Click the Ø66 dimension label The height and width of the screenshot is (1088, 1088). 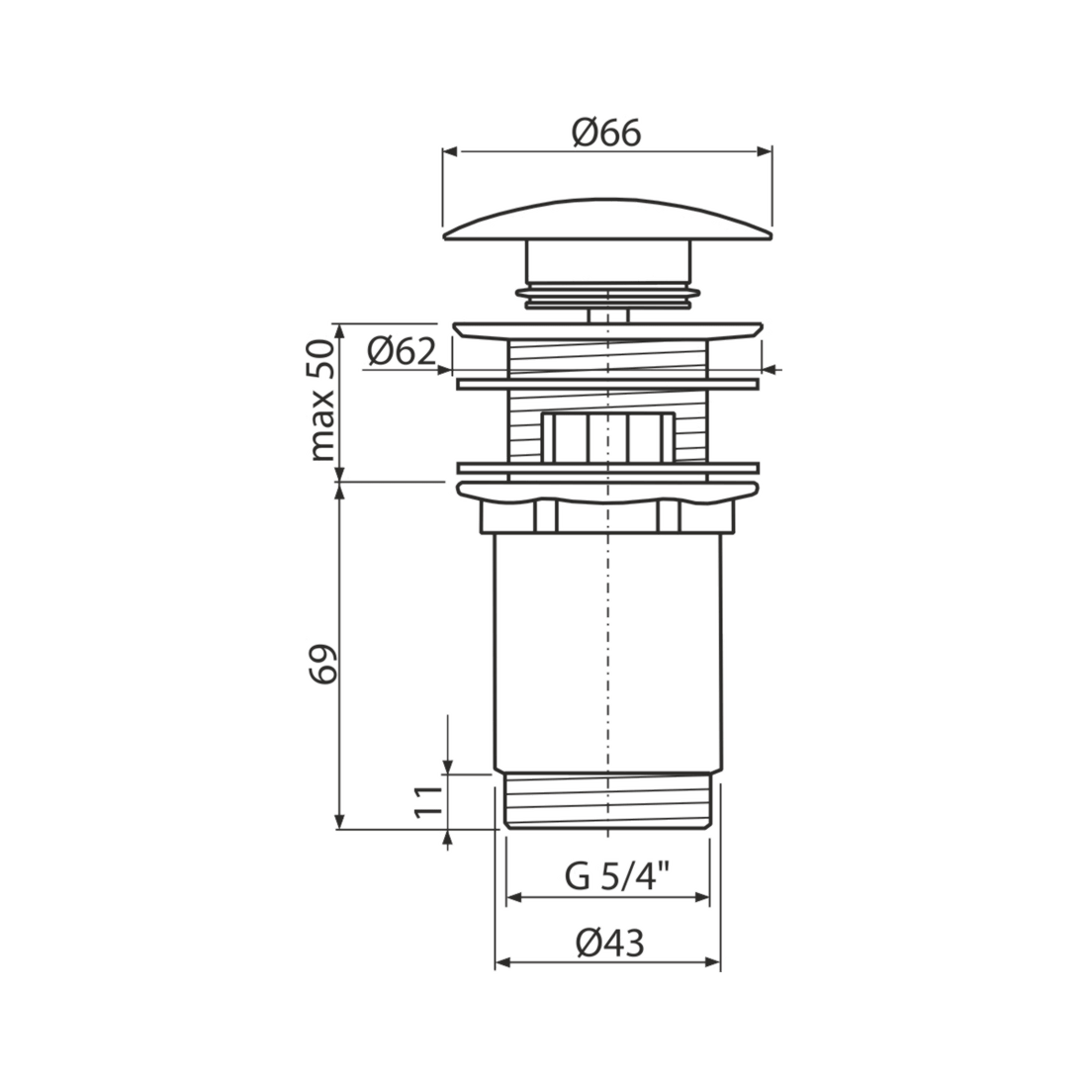pos(606,133)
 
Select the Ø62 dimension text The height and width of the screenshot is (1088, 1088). pos(402,352)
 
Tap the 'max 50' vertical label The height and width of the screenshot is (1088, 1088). pos(322,401)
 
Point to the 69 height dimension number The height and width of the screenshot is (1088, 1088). pos(322,664)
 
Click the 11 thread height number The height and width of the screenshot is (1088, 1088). pos(428,801)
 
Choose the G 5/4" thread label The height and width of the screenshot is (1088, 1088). pos(617,876)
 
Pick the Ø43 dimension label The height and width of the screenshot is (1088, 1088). pos(610,943)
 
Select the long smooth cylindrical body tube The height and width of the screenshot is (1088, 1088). pos(608,652)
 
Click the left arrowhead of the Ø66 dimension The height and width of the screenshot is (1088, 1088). pos(450,152)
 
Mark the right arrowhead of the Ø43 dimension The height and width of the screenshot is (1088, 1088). pos(712,962)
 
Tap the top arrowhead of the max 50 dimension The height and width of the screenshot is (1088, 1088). pos(340,331)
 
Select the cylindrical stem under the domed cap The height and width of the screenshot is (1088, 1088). pos(609,261)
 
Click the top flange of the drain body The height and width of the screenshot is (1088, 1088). pos(608,330)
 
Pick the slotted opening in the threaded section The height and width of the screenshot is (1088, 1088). pos(608,436)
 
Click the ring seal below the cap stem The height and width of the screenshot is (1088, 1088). pos(608,294)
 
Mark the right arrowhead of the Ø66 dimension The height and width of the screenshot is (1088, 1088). pos(765,152)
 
